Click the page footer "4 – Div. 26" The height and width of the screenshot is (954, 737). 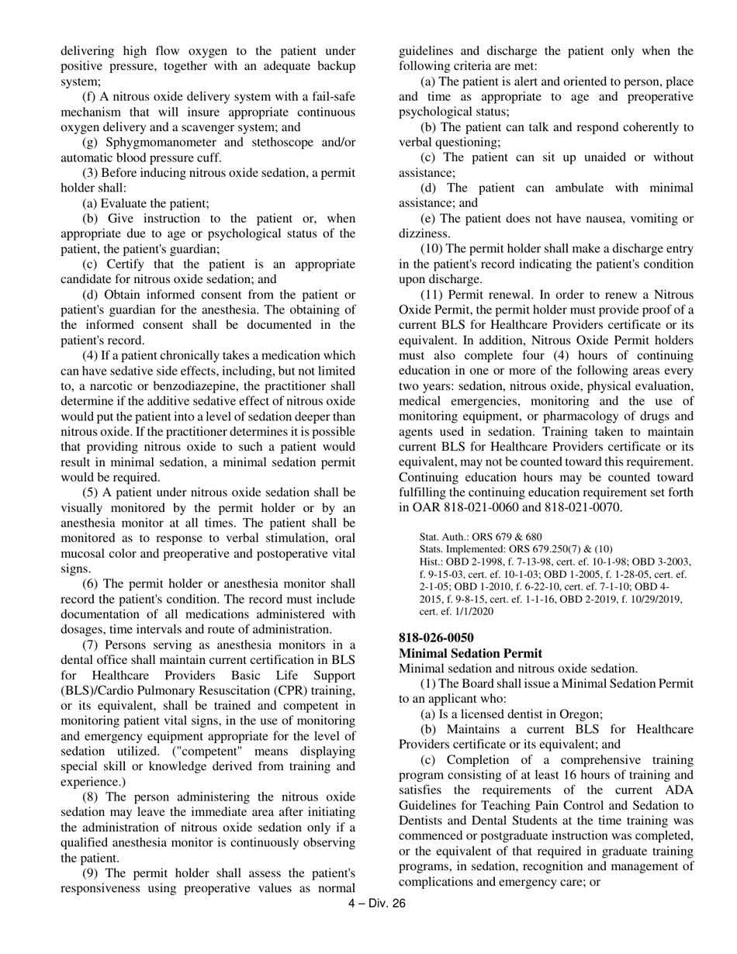click(377, 903)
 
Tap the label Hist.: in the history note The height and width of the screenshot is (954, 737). click(432, 562)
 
